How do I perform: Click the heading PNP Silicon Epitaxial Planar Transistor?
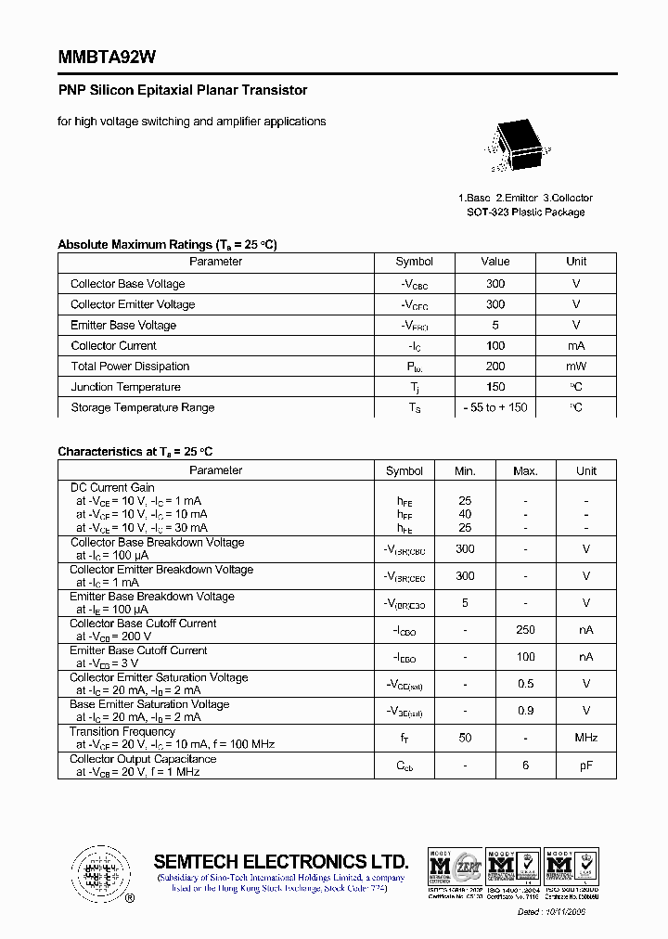coord(183,91)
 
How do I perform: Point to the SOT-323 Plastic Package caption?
coord(525,212)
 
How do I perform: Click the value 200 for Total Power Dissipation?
coord(495,367)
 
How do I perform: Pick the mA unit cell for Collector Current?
coord(576,346)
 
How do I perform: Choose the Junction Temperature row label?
coord(125,387)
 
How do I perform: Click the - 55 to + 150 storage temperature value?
coord(495,408)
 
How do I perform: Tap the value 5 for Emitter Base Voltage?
coord(495,326)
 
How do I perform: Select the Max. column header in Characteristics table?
coord(525,471)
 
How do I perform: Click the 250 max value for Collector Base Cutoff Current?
coord(525,630)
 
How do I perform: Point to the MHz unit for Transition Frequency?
coord(585,739)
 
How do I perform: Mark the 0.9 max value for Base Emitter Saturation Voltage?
coord(525,712)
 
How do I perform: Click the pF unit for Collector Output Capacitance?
coord(585,765)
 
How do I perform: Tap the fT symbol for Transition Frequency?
coord(405,739)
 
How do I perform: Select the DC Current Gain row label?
coord(112,488)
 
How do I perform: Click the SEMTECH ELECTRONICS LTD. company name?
coord(280,860)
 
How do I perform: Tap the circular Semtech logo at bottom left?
coord(98,873)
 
